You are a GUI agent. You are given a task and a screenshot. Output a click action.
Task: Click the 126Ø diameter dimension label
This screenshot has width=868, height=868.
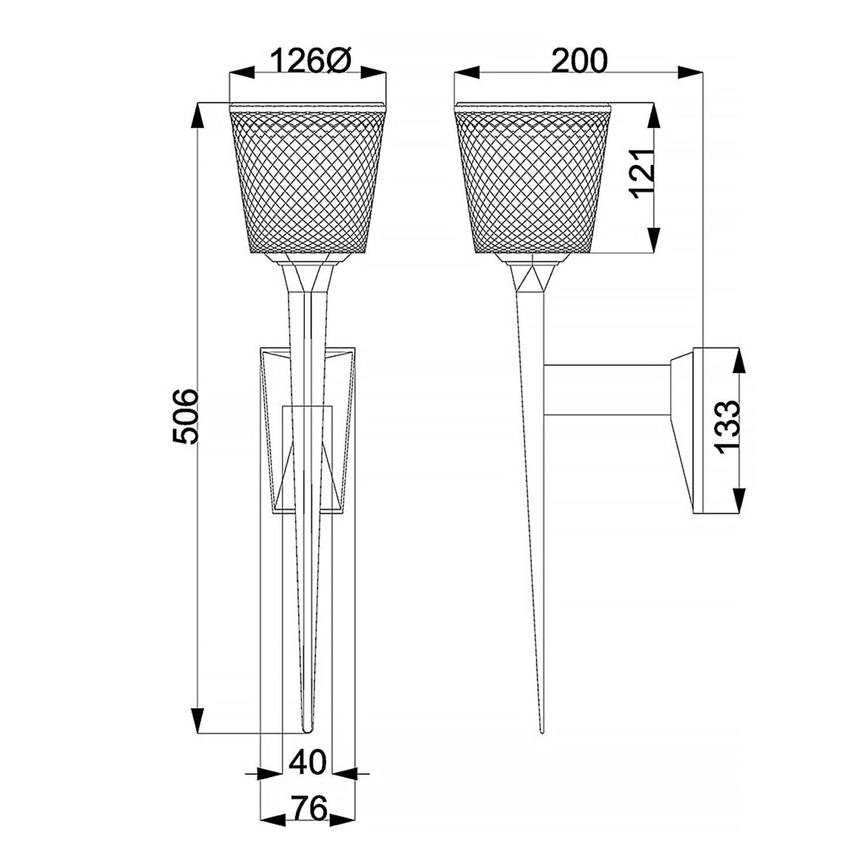(x=308, y=61)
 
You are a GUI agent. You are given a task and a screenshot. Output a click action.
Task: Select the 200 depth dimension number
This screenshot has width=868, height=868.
(x=579, y=61)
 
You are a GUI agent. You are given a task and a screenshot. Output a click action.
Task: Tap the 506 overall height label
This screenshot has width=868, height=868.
(x=186, y=417)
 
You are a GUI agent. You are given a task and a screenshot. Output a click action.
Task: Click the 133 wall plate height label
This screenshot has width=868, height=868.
(x=727, y=426)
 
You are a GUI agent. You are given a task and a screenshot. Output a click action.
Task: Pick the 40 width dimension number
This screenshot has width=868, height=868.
(x=307, y=762)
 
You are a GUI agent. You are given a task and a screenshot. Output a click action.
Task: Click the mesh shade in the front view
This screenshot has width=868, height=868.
(x=308, y=179)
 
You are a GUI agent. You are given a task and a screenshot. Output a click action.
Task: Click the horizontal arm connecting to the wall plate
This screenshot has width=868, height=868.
(x=608, y=391)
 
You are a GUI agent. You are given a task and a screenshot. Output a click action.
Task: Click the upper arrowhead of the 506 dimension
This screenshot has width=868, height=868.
(x=198, y=116)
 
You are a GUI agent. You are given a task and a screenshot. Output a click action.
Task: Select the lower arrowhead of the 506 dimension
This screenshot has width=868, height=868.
(x=198, y=720)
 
